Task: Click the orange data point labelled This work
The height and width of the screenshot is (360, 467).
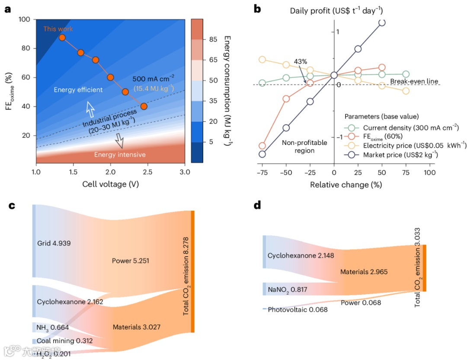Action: [x=62, y=38]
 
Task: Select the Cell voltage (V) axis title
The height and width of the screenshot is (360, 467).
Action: [x=110, y=184]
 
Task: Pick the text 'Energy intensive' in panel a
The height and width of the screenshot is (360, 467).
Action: [x=120, y=154]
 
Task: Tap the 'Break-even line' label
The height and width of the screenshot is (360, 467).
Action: [x=414, y=81]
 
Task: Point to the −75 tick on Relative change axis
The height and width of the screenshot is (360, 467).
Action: [x=262, y=172]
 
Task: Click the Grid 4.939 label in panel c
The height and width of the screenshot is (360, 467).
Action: [x=54, y=243]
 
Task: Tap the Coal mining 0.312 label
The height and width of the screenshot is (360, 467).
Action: [x=64, y=341]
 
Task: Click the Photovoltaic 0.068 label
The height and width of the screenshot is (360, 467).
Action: [x=297, y=309]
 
